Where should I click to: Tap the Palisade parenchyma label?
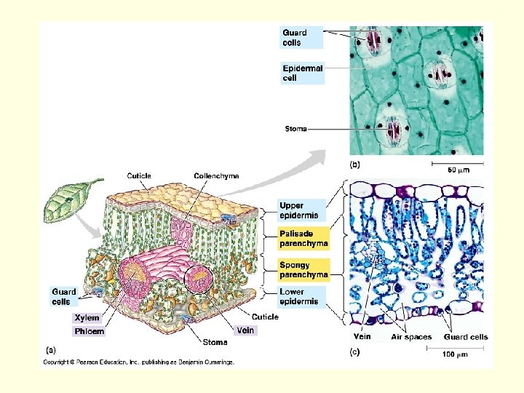tap(303, 239)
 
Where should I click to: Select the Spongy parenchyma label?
tap(303, 271)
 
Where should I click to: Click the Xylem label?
tap(87, 318)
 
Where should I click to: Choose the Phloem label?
tap(89, 332)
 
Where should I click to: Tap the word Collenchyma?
tap(216, 176)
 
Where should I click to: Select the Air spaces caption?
tap(411, 337)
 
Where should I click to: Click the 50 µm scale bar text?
tap(458, 170)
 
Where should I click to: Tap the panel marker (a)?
tap(51, 350)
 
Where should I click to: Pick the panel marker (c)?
tap(355, 352)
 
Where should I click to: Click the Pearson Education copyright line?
tap(138, 362)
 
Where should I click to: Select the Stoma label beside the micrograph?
tap(295, 129)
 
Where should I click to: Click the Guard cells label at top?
tap(295, 37)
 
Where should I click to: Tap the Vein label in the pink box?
tap(245, 330)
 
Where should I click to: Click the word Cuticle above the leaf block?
tap(139, 176)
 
